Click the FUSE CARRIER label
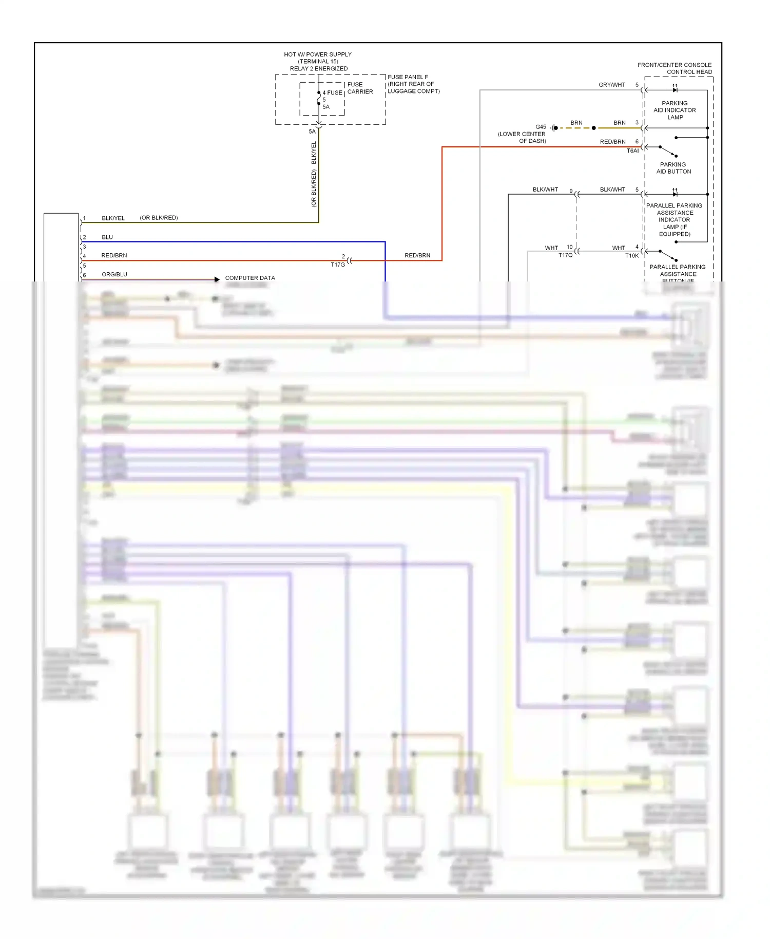(360, 88)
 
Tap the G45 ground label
(541, 127)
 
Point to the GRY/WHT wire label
(611, 85)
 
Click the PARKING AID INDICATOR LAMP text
(675, 110)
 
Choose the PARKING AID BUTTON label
(673, 168)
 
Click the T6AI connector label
(632, 151)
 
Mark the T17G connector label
(338, 265)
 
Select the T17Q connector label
(565, 255)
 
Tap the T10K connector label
(632, 256)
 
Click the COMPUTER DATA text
(250, 278)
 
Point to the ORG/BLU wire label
(114, 274)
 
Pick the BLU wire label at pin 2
(107, 237)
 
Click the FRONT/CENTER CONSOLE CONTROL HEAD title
(675, 68)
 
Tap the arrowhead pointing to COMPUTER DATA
(217, 279)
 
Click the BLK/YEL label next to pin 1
(113, 218)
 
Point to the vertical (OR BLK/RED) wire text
(314, 189)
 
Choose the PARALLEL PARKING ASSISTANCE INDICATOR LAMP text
(675, 219)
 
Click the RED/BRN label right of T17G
(417, 255)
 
